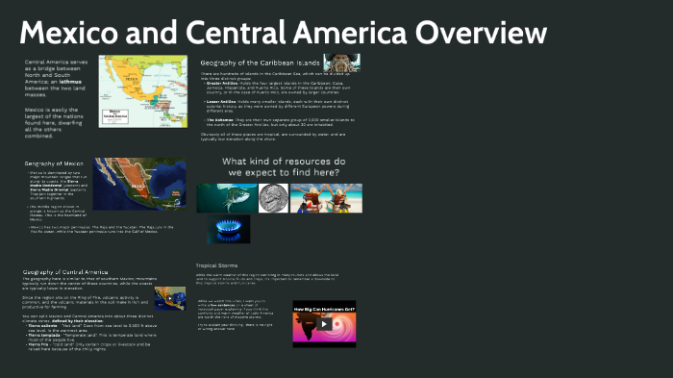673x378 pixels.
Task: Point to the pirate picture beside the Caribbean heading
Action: (341, 63)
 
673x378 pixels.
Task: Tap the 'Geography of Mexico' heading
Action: (55, 164)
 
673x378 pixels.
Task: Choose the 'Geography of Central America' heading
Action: (65, 272)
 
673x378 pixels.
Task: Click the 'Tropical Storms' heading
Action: (216, 265)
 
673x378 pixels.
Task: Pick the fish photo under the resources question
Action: (226, 197)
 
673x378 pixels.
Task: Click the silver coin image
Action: (274, 197)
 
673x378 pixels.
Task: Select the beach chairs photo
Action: (326, 197)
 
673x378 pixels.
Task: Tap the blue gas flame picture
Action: (229, 229)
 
